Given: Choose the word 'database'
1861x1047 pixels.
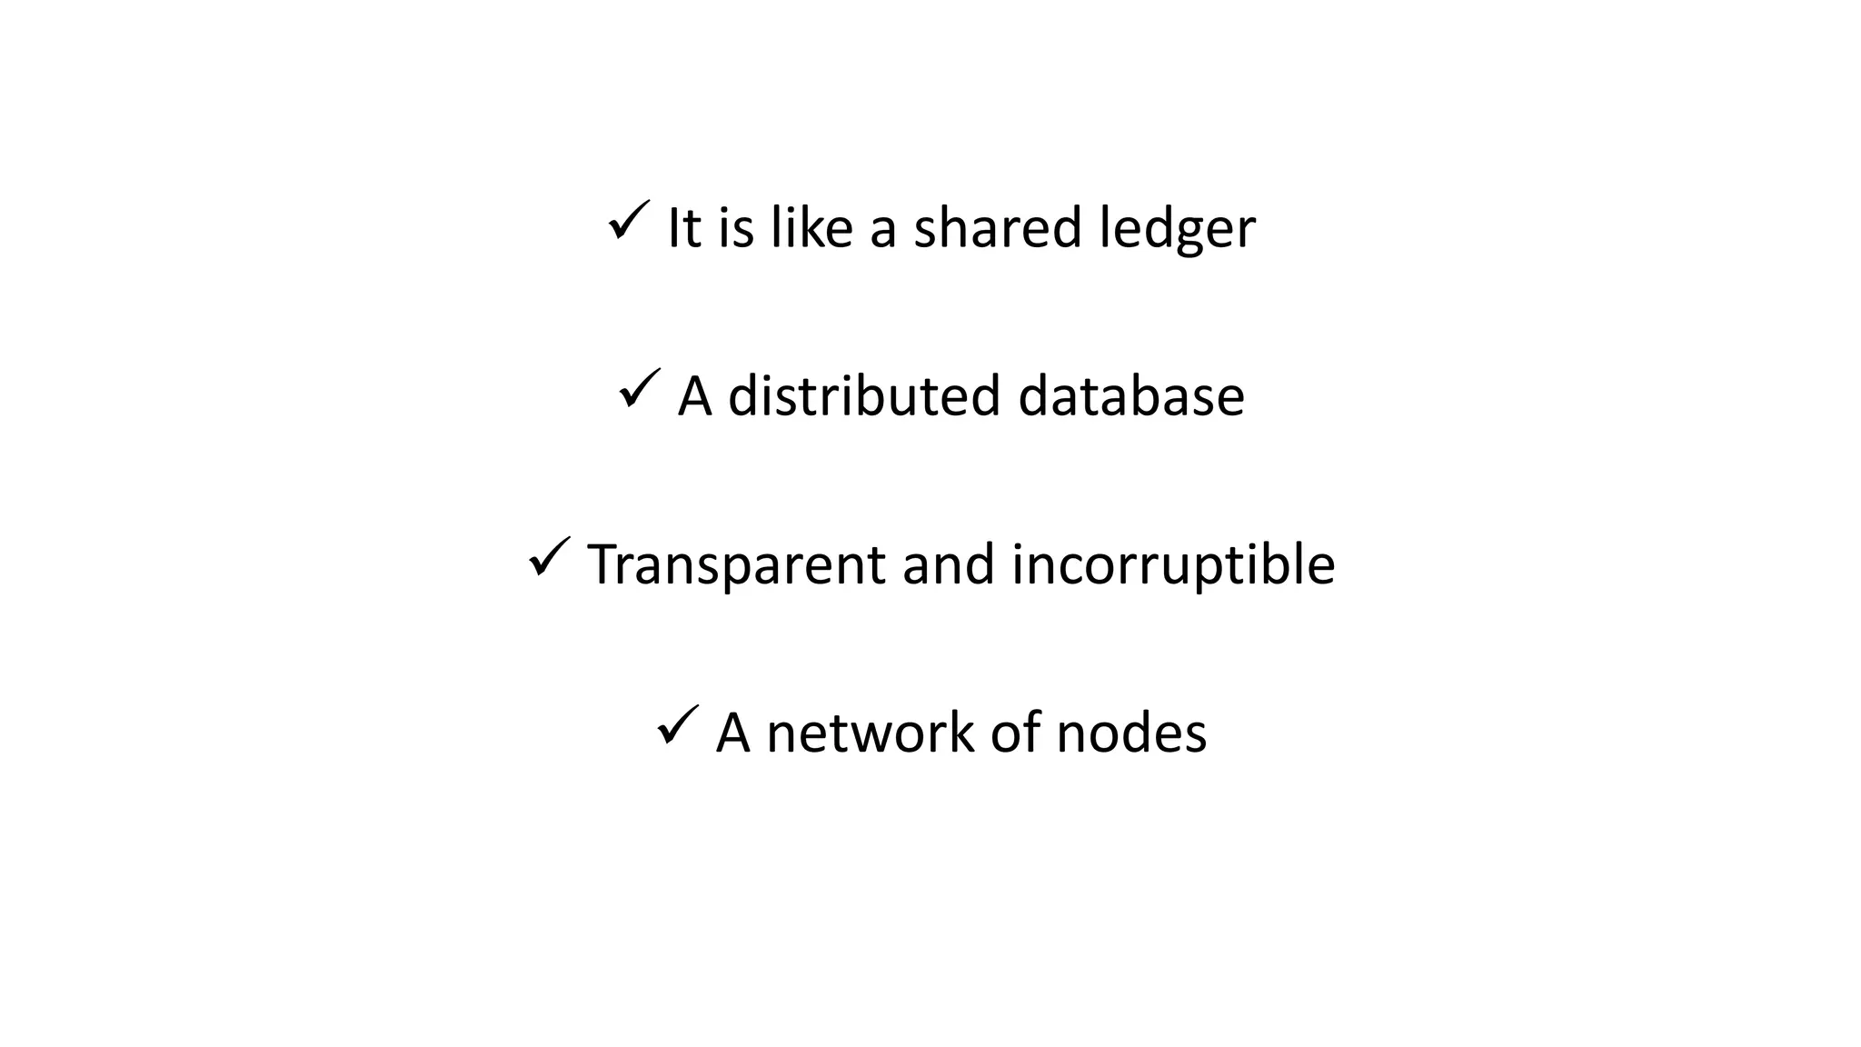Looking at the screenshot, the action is pyautogui.click(x=1130, y=396).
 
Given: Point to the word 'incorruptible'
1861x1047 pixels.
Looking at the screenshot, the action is pyautogui.click(x=1173, y=565).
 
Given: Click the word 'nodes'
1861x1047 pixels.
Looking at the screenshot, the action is pyautogui.click(x=1131, y=733).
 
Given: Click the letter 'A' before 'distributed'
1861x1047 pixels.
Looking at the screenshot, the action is pyautogui.click(x=695, y=396).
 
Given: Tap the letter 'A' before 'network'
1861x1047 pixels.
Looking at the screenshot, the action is pyautogui.click(x=733, y=733).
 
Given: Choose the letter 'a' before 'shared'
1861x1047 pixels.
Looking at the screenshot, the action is pyautogui.click(x=883, y=231).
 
